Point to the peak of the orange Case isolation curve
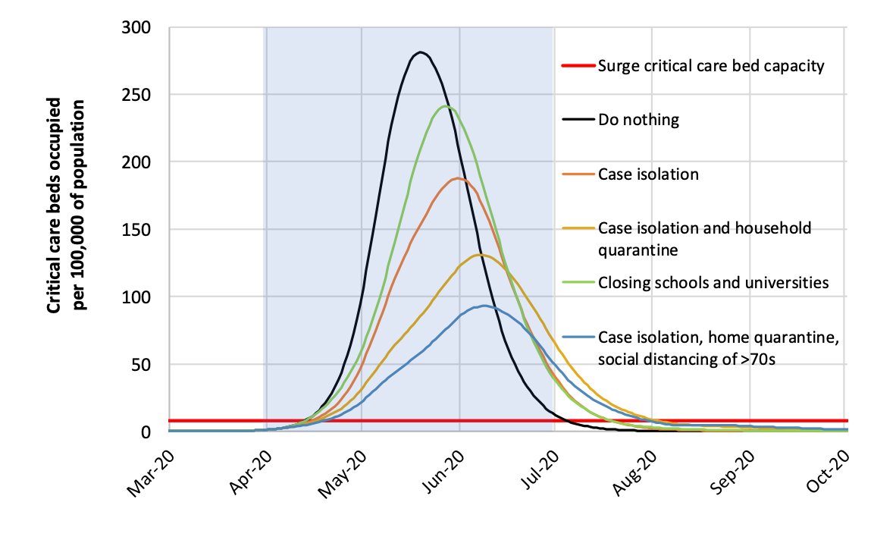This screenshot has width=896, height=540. pos(457,178)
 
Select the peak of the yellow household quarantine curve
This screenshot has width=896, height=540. pos(479,255)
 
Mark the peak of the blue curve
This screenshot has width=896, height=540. pos(484,306)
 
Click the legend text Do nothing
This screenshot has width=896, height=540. pos(638,120)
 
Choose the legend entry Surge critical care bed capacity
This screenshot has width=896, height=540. pos(710,66)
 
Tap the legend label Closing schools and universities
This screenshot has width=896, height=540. pos(712,283)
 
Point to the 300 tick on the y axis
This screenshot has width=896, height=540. pos(136,28)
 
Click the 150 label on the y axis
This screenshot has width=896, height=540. pos(136,230)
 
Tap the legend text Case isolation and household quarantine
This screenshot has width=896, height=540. pos(704,238)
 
